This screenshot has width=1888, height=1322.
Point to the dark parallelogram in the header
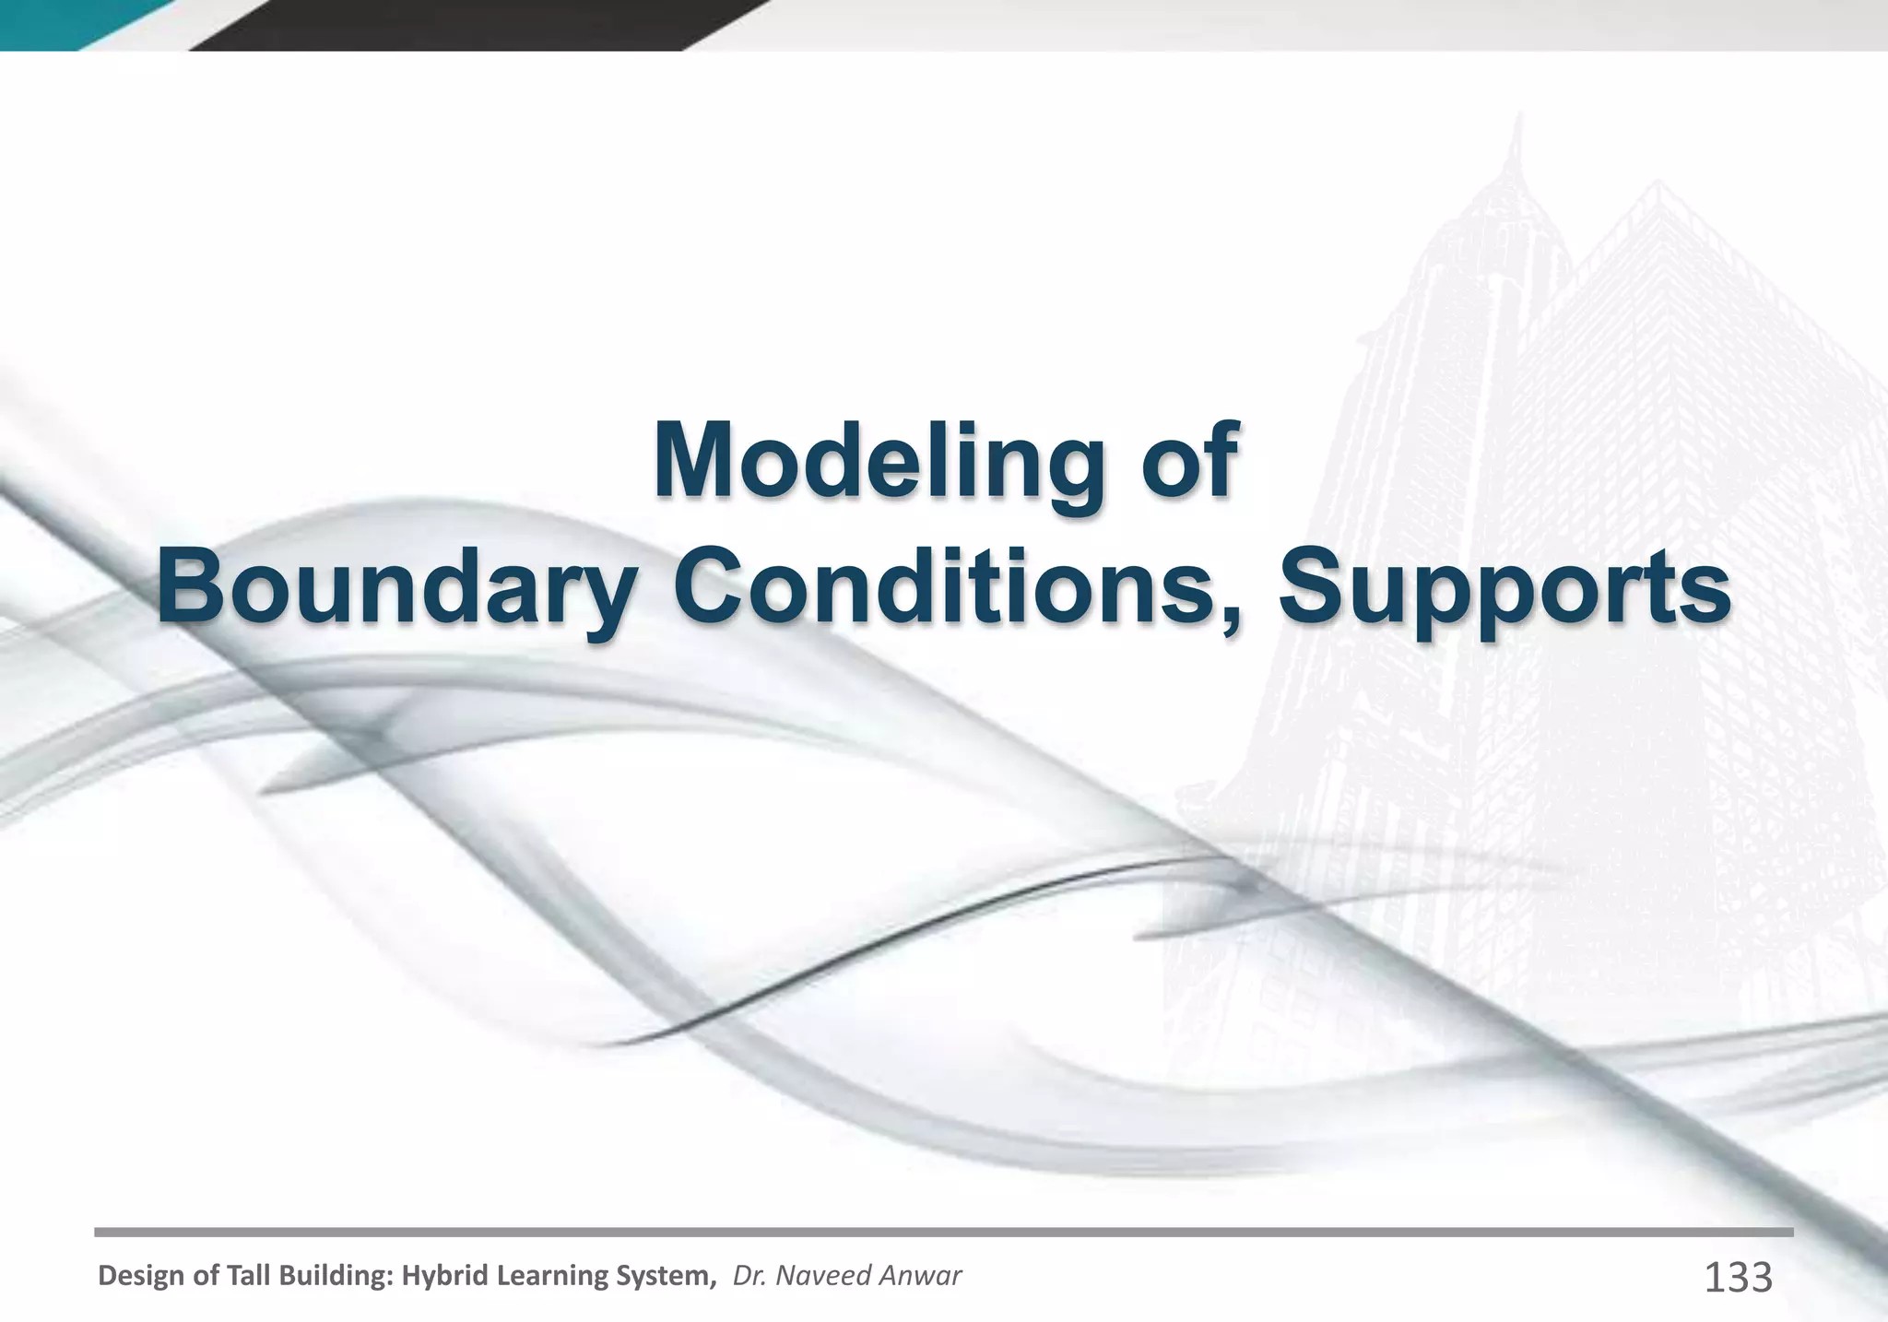[x=479, y=23]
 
